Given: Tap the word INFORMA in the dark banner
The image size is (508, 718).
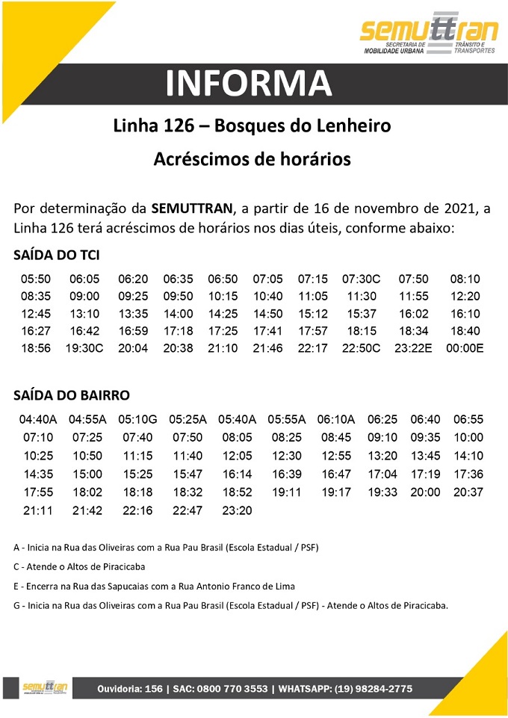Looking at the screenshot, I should pos(249,84).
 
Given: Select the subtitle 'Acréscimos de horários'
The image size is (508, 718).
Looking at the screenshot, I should pos(252,159).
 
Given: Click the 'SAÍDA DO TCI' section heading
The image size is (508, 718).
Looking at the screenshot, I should pos(57,256).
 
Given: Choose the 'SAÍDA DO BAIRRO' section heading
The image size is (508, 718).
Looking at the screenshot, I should pos(72,395).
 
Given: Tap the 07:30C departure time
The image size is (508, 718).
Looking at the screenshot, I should pos(362,279).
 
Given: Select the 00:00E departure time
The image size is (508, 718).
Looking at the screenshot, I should pos(465,348).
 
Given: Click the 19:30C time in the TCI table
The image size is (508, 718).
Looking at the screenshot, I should pos(84,348).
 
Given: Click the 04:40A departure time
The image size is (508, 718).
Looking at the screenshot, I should pos(38,420).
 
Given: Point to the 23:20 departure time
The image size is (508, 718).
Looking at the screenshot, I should pos(238,510).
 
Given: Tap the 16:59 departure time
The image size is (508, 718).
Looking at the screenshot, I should pos(133,331).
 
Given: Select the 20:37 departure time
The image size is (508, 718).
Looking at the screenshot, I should pos(468,492).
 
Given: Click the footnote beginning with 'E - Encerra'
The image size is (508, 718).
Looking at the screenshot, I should pos(155,587).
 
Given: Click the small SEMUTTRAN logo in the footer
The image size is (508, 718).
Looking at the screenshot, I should pos(46,688).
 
